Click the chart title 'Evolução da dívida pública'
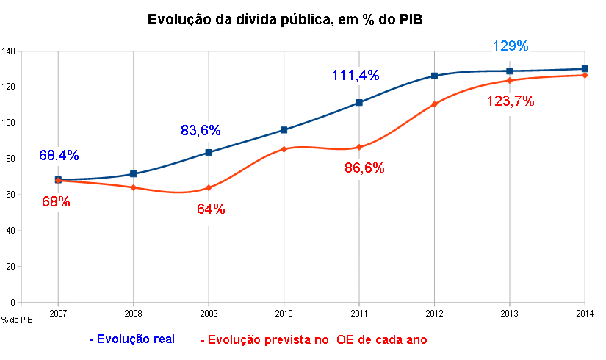(x=286, y=20)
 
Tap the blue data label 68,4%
(x=59, y=156)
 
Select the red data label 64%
(x=211, y=209)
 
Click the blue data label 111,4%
(x=355, y=75)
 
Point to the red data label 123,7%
(x=511, y=102)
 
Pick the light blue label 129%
(x=510, y=46)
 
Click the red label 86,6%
(x=364, y=168)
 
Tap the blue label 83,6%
(x=201, y=131)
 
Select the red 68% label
(x=56, y=202)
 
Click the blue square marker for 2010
(x=284, y=130)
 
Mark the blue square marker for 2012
(x=434, y=76)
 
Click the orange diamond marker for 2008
(x=134, y=187)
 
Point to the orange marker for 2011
(x=359, y=147)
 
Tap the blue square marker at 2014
(x=585, y=69)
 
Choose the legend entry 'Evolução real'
(x=131, y=339)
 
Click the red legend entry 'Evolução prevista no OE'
(x=313, y=339)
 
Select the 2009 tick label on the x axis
(x=209, y=312)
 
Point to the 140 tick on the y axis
(x=9, y=51)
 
